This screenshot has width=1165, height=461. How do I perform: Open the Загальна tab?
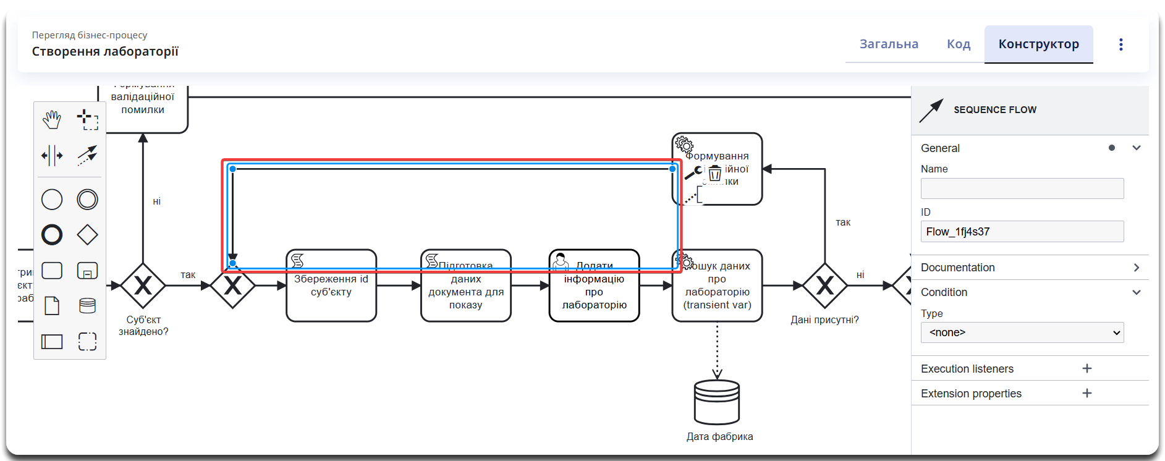click(889, 44)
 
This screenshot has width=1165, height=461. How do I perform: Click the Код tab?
click(959, 44)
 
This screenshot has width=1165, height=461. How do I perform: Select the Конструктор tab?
click(1038, 44)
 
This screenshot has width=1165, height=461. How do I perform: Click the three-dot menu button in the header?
click(1121, 44)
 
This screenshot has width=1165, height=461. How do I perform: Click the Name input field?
click(1022, 188)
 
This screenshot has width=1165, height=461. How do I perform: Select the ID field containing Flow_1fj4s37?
click(1022, 232)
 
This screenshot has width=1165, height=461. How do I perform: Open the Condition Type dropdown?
click(1022, 332)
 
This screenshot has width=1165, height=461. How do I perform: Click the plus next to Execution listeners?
click(1087, 368)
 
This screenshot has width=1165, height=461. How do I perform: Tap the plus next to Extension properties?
click(1087, 393)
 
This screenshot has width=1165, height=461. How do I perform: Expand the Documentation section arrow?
click(1136, 268)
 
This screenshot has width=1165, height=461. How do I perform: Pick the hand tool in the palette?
click(52, 119)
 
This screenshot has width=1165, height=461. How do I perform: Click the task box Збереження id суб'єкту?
click(331, 294)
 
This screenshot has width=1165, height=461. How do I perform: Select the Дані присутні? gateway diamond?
click(824, 285)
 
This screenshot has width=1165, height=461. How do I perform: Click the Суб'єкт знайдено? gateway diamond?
click(143, 285)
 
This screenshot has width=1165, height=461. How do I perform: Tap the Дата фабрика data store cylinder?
click(717, 402)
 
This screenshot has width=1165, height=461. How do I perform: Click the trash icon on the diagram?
click(715, 173)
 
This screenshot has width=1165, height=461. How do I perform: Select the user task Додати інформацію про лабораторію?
click(594, 294)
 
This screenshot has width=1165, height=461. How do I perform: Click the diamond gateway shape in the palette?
click(87, 235)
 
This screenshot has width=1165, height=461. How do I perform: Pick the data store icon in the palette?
click(87, 306)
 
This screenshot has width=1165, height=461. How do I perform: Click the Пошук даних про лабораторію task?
click(717, 294)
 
